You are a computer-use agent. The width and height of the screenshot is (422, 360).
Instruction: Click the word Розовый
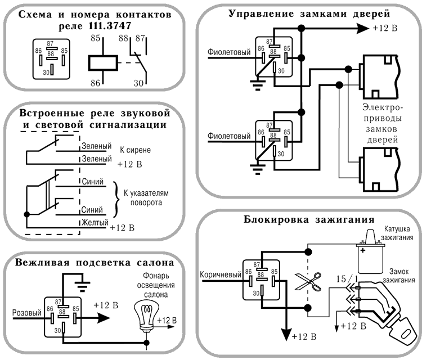[25, 310]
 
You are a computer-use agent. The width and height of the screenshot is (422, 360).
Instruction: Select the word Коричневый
[220, 275]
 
